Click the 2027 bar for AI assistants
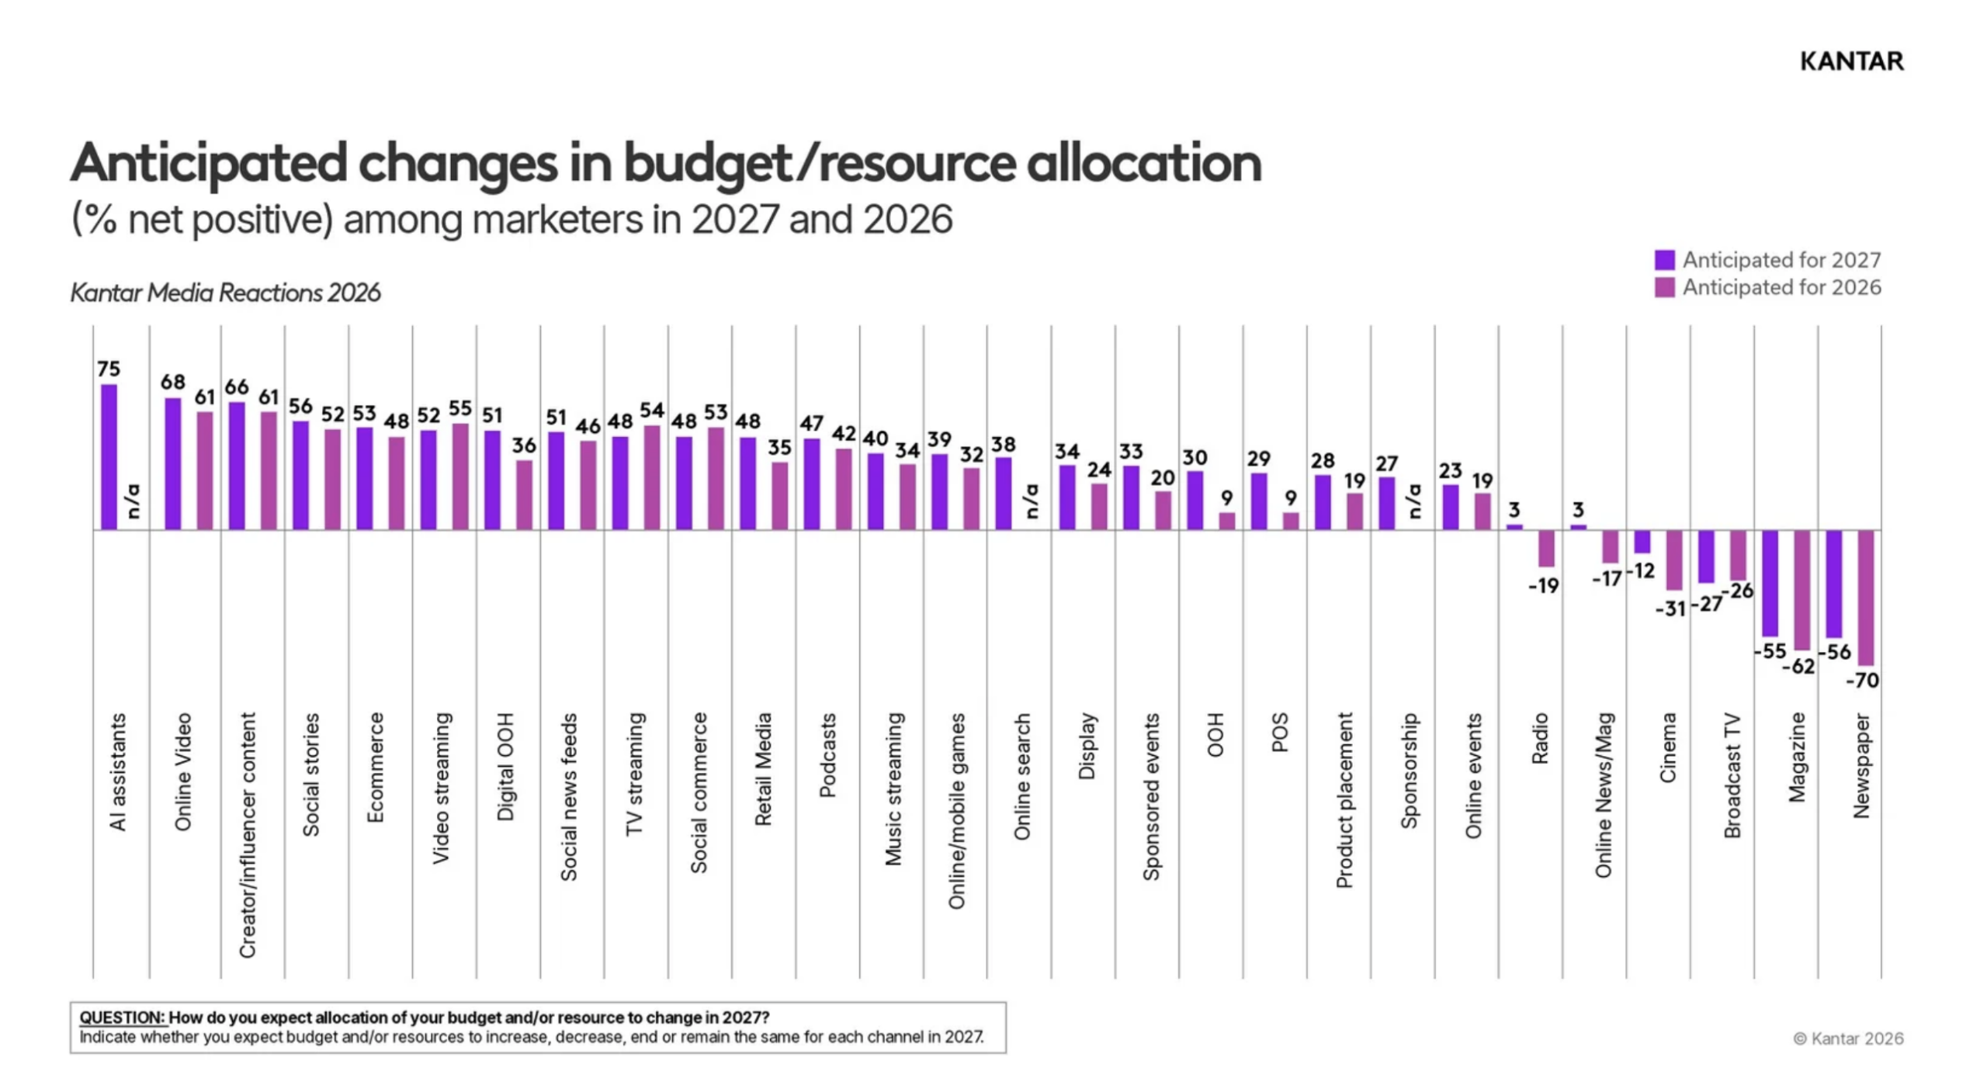point(109,457)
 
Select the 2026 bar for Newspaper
point(1866,598)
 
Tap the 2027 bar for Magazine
point(1770,584)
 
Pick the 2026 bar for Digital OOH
point(524,495)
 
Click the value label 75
point(109,369)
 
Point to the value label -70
point(1862,681)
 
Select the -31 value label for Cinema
point(1670,608)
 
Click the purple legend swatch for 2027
point(1664,260)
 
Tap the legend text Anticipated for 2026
point(1781,288)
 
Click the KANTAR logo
point(1851,61)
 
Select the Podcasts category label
point(827,755)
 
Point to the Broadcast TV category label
point(1732,775)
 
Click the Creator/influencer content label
point(247,835)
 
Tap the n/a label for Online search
point(1031,501)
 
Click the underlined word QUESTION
point(122,1017)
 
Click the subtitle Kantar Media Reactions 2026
point(225,293)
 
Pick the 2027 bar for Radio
point(1514,527)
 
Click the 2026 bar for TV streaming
point(652,477)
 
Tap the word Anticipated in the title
point(209,164)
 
